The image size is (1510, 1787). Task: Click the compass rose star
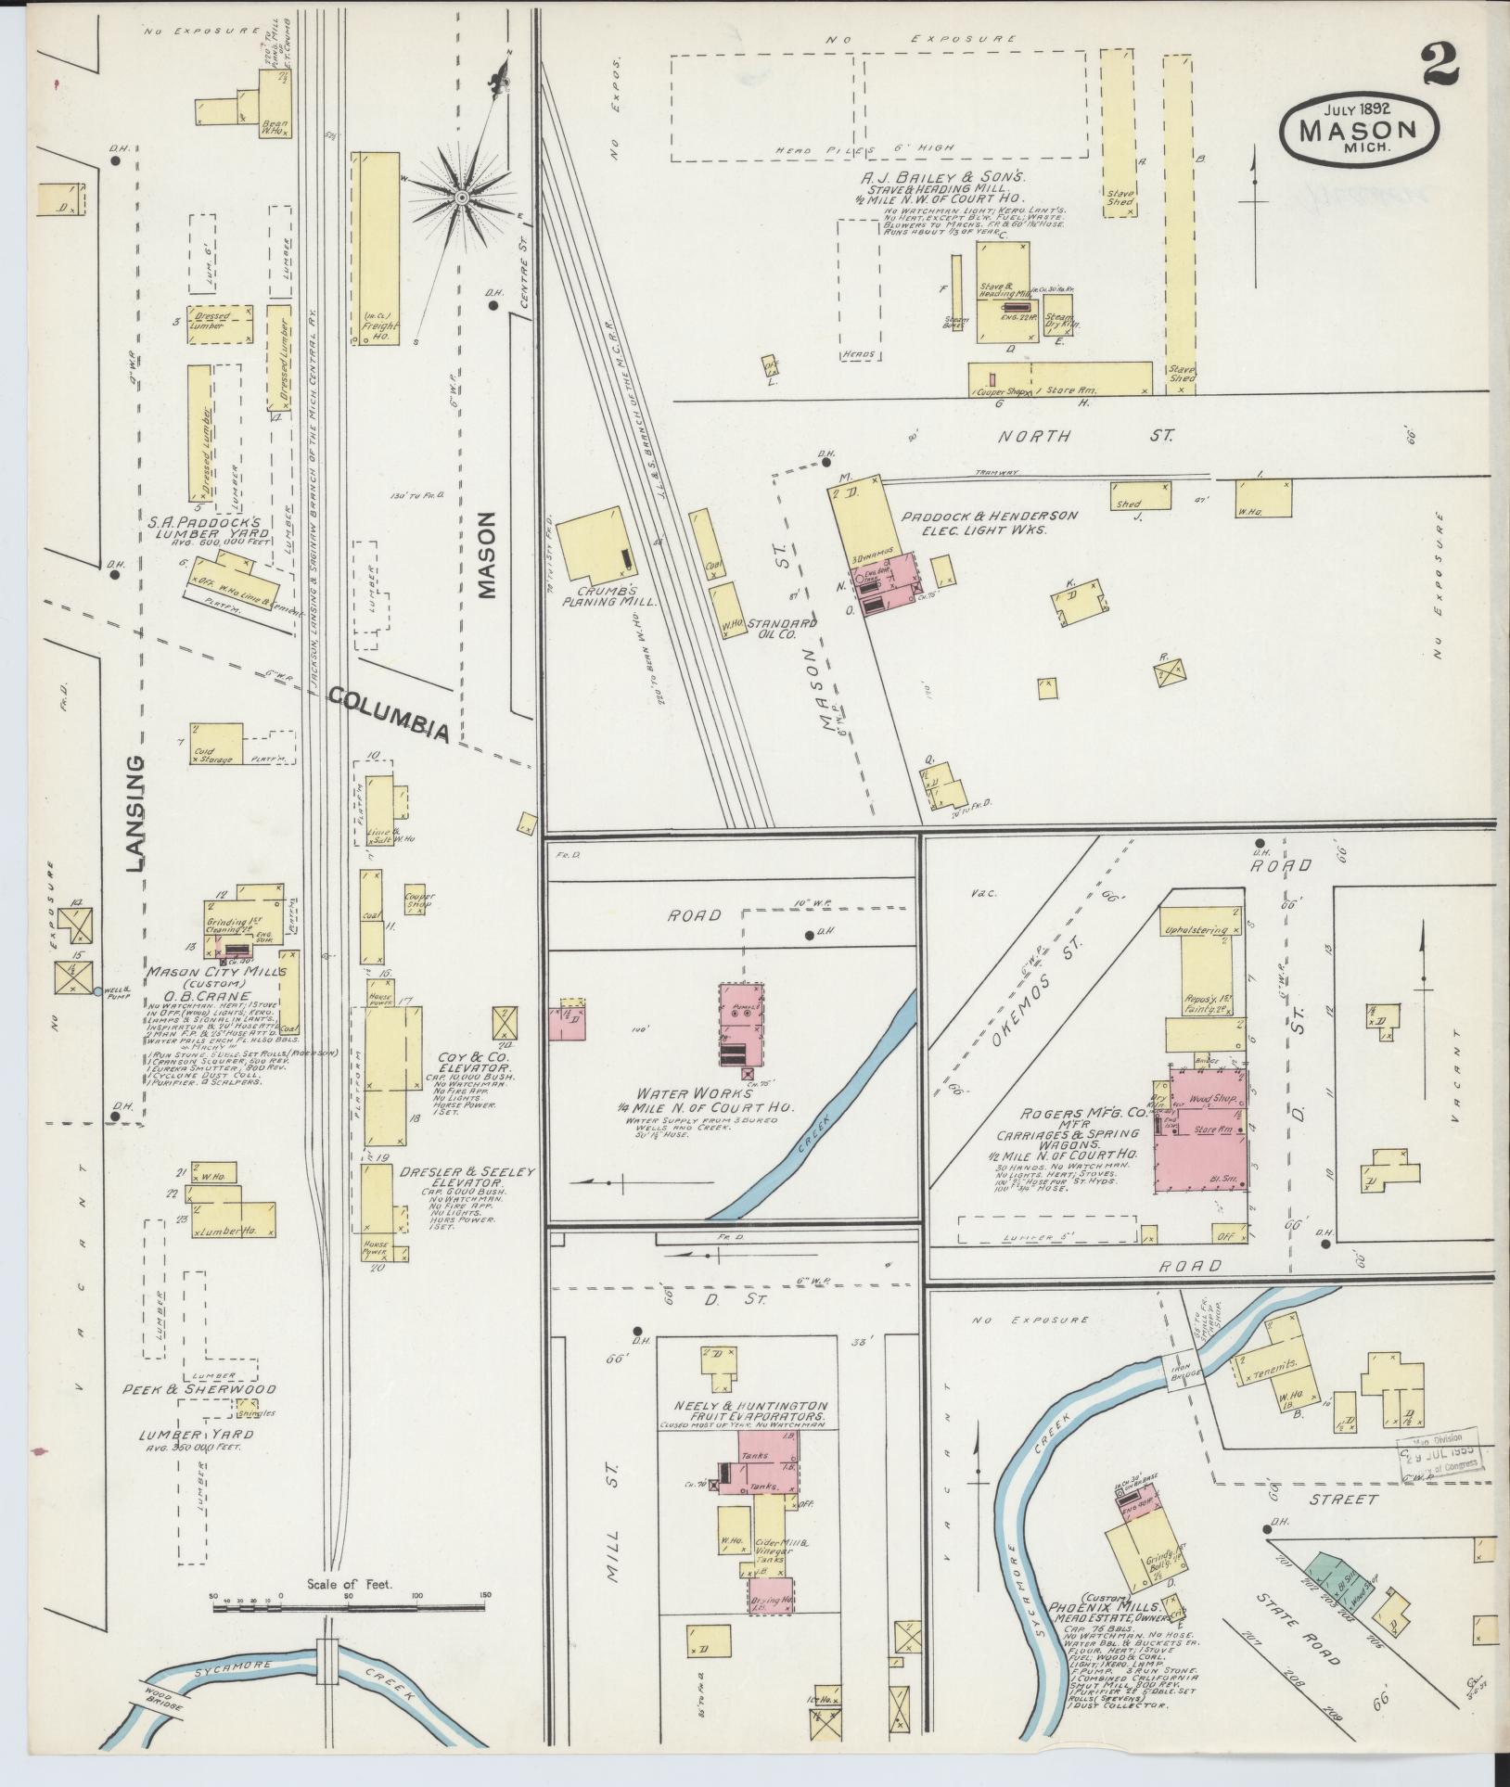[x=460, y=197]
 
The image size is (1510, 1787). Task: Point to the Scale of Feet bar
[x=351, y=956]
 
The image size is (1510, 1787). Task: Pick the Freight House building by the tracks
[x=376, y=249]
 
